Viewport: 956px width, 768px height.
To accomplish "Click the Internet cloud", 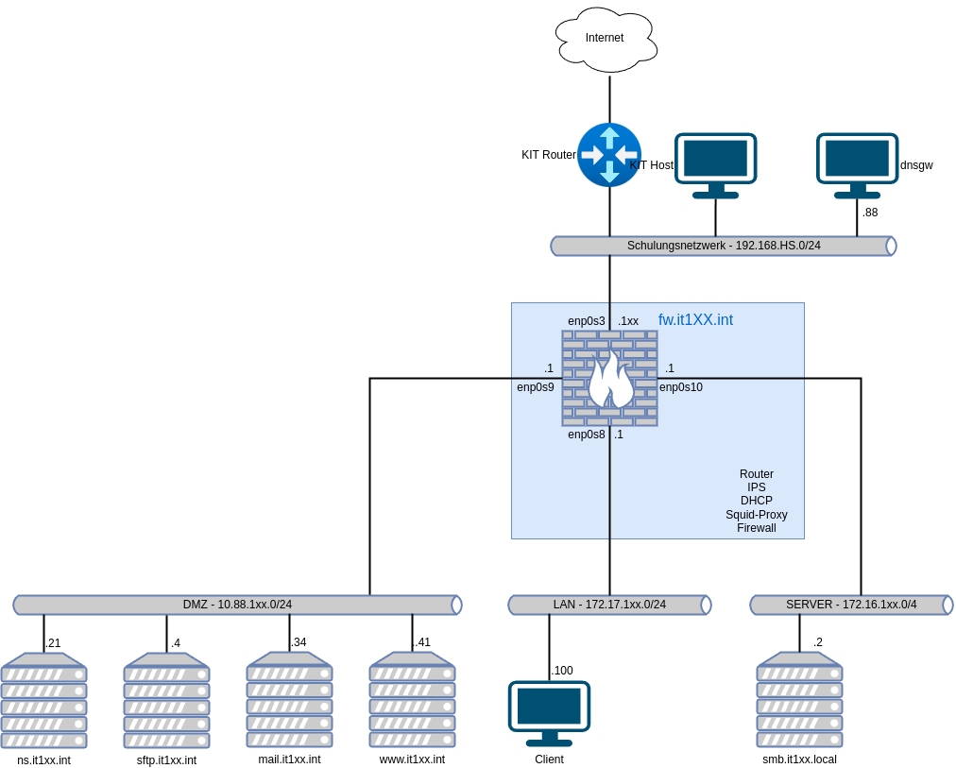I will tap(606, 39).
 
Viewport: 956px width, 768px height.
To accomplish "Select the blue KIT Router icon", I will tap(609, 155).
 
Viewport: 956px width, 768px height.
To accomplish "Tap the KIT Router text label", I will tap(548, 155).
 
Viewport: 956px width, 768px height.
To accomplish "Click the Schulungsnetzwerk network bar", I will tap(724, 246).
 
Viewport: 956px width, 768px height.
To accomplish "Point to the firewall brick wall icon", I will tap(609, 378).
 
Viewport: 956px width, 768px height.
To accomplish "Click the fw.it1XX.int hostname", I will tap(695, 320).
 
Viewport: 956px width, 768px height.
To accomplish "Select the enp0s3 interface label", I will tap(586, 321).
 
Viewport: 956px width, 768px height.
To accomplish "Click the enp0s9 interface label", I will tap(536, 387).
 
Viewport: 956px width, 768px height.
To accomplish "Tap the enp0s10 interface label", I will tap(681, 387).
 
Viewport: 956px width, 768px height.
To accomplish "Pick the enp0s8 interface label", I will tap(586, 435).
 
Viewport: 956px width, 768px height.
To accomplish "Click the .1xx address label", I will tap(628, 321).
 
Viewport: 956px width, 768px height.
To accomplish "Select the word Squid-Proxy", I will tap(756, 515).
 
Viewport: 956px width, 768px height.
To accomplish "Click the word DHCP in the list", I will tap(756, 501).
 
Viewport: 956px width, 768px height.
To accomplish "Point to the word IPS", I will tap(756, 487).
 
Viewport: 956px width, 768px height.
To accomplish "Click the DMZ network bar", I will tap(237, 605).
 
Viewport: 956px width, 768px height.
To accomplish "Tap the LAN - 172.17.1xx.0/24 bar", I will tap(609, 605).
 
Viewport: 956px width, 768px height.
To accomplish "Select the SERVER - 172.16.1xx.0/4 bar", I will tap(851, 605).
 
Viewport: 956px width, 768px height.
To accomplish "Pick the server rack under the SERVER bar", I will tap(799, 700).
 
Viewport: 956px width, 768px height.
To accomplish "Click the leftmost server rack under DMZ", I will tap(43, 700).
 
